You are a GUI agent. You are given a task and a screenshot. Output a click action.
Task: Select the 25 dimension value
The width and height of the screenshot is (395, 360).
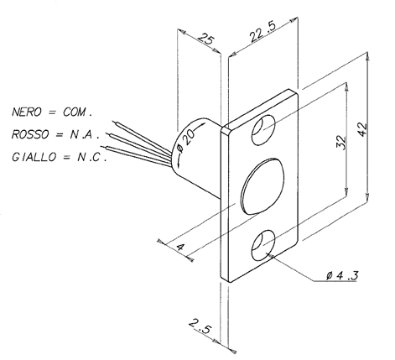coord(206,39)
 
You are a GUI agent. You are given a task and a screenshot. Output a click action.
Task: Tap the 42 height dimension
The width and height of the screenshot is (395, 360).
coord(362,128)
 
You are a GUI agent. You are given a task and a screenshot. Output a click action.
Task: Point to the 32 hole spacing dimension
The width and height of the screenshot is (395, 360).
coord(341,142)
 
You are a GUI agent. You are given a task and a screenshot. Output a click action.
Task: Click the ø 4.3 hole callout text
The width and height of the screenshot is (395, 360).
coord(342,276)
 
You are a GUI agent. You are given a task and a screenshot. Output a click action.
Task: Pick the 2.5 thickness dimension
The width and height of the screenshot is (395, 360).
coord(200,326)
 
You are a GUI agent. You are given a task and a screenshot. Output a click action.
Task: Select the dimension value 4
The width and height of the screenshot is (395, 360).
coord(180,247)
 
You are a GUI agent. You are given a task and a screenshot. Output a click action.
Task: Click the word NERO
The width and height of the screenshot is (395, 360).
coord(27,112)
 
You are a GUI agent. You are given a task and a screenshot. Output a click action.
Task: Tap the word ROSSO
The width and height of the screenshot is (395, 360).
coord(30,134)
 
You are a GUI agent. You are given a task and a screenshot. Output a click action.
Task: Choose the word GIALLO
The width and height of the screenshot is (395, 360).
coord(34,157)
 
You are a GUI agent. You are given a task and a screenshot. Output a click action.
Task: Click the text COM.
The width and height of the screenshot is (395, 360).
coord(77,112)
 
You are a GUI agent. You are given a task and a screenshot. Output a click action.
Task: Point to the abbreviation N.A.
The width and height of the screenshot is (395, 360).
coord(85,134)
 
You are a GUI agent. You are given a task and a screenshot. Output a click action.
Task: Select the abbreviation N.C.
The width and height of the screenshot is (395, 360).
coord(91,157)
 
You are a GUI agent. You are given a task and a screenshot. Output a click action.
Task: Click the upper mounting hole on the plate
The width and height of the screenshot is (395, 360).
coord(263,130)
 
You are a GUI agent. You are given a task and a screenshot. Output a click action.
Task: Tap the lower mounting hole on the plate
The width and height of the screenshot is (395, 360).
coord(263,245)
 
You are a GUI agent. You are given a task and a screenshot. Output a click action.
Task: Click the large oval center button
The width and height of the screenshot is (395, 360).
coord(262,186)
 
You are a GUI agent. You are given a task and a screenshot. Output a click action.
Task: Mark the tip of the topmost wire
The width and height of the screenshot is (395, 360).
coord(113,121)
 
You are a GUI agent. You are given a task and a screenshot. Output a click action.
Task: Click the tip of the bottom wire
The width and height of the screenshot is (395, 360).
coord(101,146)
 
